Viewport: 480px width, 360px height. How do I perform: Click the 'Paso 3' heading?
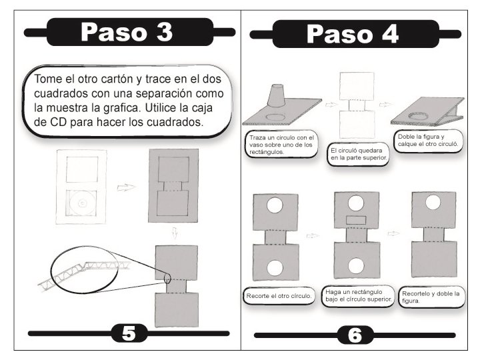click(x=127, y=32)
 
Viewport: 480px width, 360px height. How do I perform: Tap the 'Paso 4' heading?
click(x=353, y=34)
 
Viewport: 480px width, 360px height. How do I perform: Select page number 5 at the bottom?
click(x=129, y=333)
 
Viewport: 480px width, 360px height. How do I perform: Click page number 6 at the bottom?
click(x=355, y=335)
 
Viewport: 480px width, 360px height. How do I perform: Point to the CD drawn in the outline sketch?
click(x=82, y=203)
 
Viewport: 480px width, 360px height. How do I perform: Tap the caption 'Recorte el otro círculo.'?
click(x=279, y=296)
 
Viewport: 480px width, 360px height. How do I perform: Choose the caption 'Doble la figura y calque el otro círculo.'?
click(x=428, y=140)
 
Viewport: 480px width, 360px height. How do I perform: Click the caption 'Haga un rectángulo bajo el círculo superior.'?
click(x=358, y=295)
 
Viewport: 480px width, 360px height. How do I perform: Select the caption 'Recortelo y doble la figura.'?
click(x=431, y=297)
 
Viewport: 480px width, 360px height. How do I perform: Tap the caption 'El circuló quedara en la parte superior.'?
click(x=359, y=154)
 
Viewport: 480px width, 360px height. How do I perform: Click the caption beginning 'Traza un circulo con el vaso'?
click(x=281, y=145)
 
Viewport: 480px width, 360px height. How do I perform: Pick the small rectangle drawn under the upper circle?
click(x=356, y=220)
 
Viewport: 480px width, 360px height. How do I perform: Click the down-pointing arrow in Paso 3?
click(x=175, y=233)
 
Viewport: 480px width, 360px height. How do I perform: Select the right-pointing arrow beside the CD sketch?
click(x=126, y=187)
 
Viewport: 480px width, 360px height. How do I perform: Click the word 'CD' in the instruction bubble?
click(x=57, y=122)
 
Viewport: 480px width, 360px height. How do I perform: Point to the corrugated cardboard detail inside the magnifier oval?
click(x=84, y=273)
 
